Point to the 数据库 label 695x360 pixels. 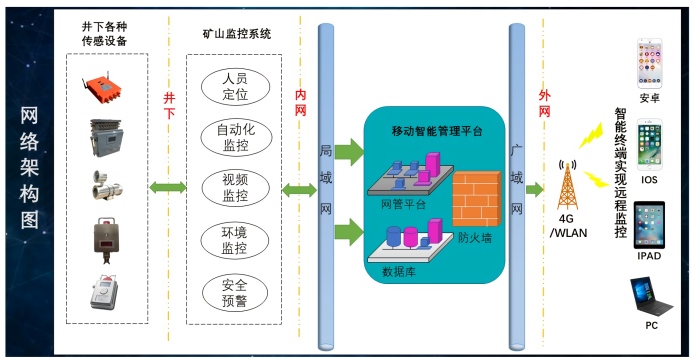pyautogui.click(x=399, y=270)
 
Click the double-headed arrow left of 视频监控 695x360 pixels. pyautogui.click(x=167, y=187)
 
